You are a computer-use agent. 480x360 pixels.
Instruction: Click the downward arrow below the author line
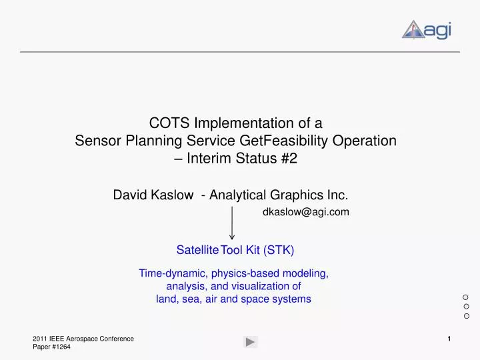[232, 223]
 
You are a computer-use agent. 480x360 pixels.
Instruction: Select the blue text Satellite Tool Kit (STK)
[235, 250]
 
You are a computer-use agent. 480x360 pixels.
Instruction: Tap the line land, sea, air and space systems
[233, 299]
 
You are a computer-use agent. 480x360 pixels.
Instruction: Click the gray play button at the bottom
[250, 342]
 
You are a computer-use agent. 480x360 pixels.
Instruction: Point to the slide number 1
[449, 339]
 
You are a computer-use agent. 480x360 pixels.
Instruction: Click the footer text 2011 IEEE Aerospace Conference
[83, 339]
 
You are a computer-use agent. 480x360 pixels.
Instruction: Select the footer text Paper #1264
[51, 348]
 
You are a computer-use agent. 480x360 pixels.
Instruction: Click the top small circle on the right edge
[466, 296]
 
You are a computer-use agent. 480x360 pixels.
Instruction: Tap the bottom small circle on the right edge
[466, 315]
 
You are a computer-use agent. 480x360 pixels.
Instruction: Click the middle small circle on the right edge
[466, 306]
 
